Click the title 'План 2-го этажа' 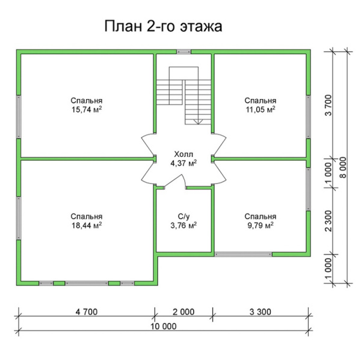pyautogui.click(x=164, y=27)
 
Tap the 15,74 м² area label pyautogui.click(x=86, y=110)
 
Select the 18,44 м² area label pyautogui.click(x=86, y=225)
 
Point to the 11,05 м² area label pyautogui.click(x=260, y=110)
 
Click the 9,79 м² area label pyautogui.click(x=260, y=225)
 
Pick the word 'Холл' pyautogui.click(x=184, y=154)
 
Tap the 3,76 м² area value pyautogui.click(x=184, y=225)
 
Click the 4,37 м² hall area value pyautogui.click(x=184, y=163)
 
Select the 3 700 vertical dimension pyautogui.click(x=329, y=106)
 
